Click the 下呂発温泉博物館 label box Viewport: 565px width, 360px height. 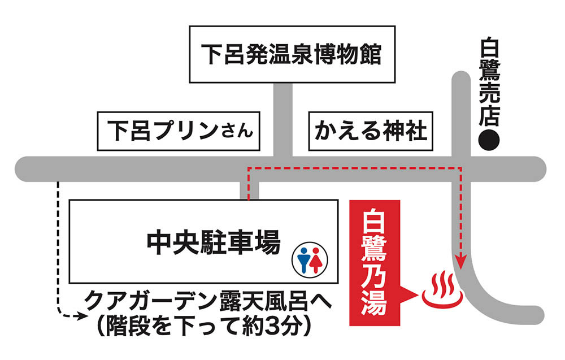click(x=292, y=54)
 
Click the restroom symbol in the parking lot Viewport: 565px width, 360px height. click(x=308, y=259)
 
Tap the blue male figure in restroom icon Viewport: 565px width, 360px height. click(x=302, y=258)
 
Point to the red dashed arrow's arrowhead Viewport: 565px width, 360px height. click(x=460, y=263)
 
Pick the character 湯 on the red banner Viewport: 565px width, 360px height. click(x=375, y=303)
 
